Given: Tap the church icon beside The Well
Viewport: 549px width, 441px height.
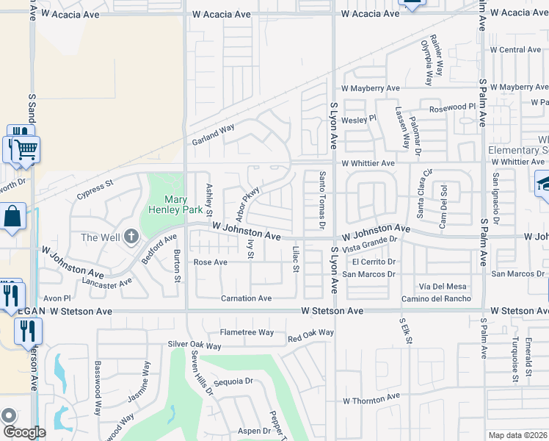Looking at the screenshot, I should (x=131, y=237).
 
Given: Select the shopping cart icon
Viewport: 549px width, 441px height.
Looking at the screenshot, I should (x=26, y=149).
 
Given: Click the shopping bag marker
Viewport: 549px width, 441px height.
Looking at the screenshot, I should (x=13, y=218).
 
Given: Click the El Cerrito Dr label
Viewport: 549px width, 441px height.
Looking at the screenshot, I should (x=374, y=262).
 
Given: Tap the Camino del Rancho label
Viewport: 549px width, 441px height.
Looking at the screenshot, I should (x=436, y=298).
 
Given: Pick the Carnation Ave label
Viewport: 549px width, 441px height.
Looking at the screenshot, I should (x=247, y=298).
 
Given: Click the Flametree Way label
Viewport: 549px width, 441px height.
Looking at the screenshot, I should (x=247, y=333).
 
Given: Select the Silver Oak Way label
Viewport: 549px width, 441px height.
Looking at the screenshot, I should (x=194, y=345).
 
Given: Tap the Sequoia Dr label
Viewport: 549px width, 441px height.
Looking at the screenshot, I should (x=233, y=381).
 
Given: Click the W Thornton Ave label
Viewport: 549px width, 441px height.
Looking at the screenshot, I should (x=371, y=398).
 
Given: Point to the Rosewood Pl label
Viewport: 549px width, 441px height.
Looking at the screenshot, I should (x=453, y=107).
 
